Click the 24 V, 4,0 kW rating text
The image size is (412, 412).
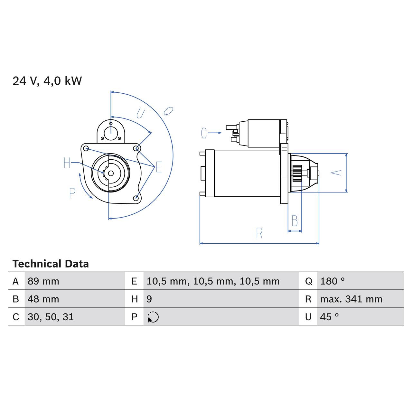47,81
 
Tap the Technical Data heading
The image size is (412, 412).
51,264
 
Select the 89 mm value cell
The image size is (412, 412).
43,281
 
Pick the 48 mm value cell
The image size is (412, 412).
43,299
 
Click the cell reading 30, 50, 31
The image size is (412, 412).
51,317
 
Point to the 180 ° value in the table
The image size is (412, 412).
332,281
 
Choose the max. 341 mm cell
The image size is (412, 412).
351,299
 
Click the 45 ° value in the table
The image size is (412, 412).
330,317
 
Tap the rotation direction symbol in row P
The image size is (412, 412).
153,317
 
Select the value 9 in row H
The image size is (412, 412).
149,299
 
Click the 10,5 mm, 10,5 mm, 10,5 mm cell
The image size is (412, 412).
213,281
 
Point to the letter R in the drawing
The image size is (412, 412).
259,233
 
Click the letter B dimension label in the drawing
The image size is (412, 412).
295,221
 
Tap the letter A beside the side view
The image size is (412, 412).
336,173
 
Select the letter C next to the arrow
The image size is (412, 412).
204,133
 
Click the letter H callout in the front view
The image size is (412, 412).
67,163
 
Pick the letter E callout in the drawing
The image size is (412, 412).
159,167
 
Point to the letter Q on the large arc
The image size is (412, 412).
168,111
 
